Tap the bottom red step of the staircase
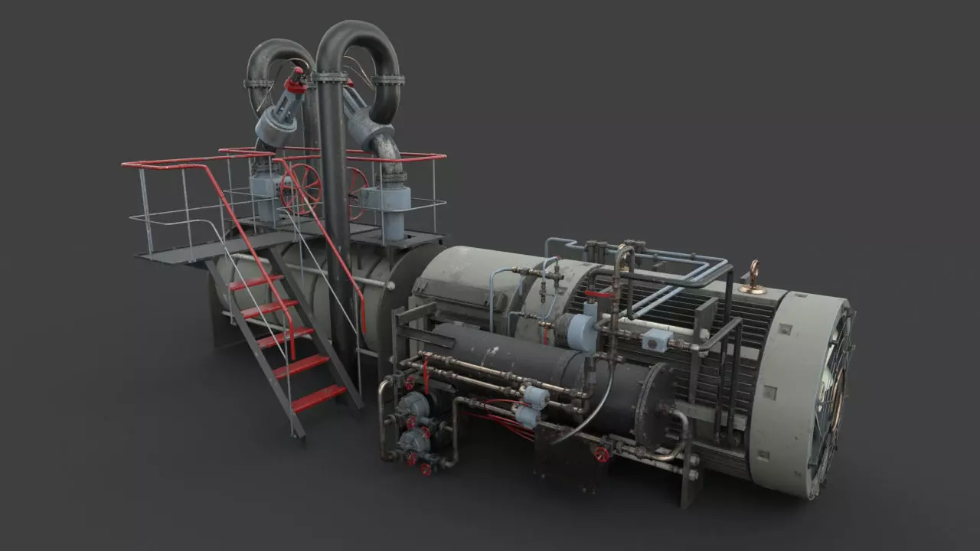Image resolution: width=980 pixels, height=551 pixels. (319, 397)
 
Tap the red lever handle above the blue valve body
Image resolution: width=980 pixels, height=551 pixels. (599, 293)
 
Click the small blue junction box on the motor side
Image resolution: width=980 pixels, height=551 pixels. (655, 340)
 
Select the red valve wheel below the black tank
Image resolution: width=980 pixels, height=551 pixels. (603, 455)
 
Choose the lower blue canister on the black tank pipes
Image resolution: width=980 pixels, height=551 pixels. (528, 416)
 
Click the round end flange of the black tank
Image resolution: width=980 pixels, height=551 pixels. (655, 406)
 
